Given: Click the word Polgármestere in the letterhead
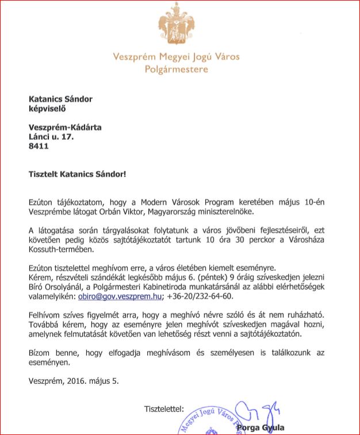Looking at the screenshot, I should click(177, 70).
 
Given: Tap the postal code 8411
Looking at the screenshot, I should click(39, 146).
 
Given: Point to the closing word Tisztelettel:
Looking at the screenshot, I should click(164, 409).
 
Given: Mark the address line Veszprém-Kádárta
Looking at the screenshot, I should click(65, 127).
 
